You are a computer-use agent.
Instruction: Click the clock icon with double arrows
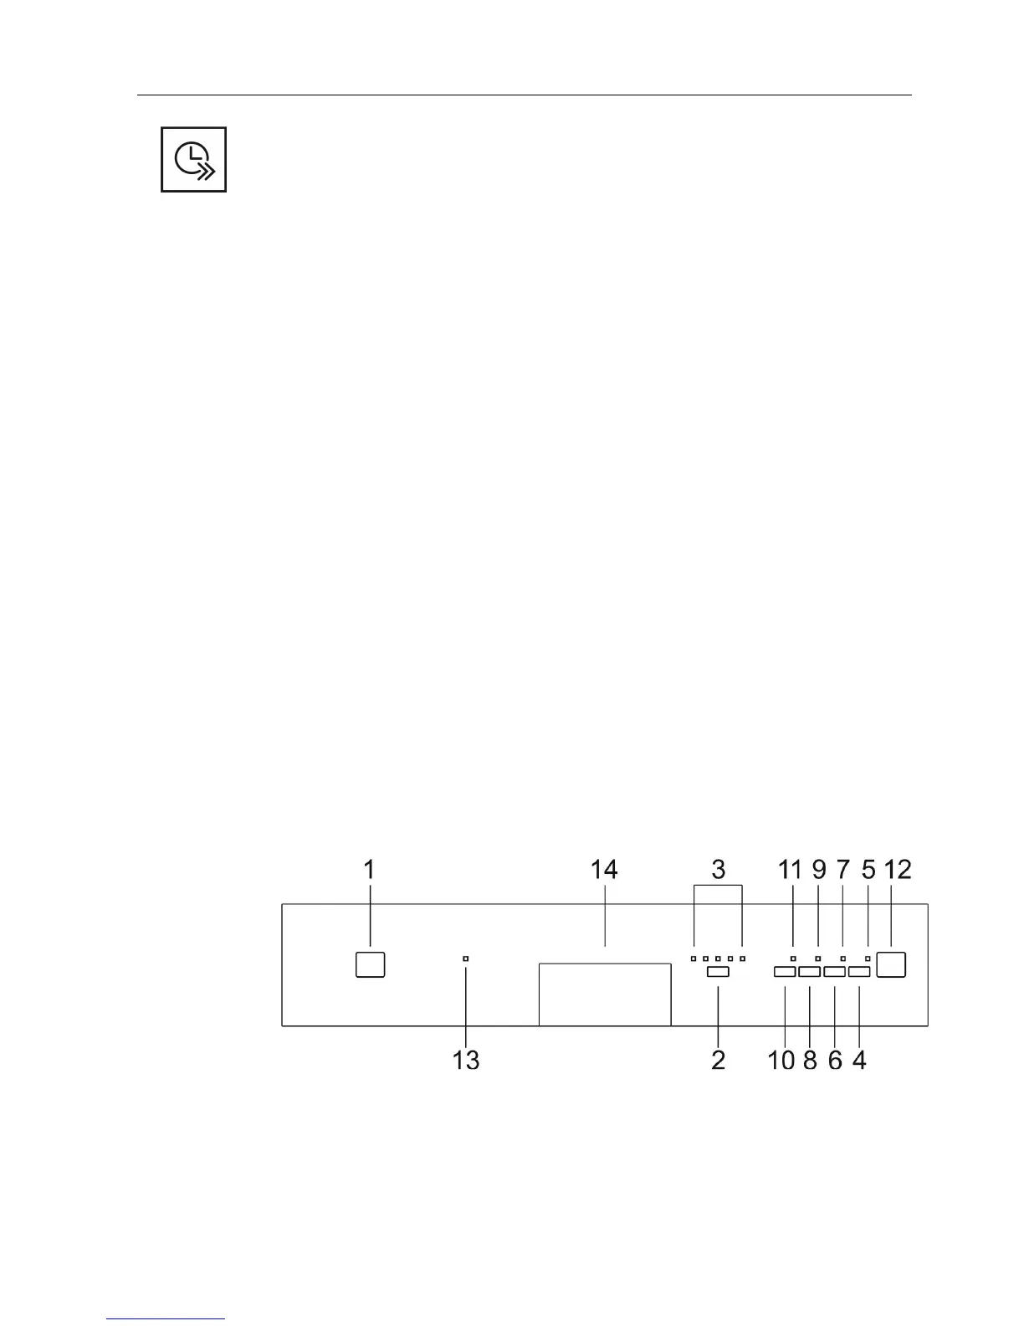[194, 159]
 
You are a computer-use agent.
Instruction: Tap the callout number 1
[369, 870]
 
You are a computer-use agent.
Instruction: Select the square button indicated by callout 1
[370, 964]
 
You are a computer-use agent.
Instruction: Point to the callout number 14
[604, 870]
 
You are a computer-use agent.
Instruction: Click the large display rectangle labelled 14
[605, 994]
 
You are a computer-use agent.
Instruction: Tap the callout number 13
[466, 1061]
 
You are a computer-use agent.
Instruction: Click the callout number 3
[718, 870]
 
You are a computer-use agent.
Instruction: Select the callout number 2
[718, 1061]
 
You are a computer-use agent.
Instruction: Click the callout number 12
[898, 870]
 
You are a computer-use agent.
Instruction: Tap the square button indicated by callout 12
[892, 964]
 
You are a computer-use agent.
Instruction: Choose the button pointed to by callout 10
[784, 972]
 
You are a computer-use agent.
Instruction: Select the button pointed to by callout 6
[835, 972]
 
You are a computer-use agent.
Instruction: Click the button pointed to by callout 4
[860, 972]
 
